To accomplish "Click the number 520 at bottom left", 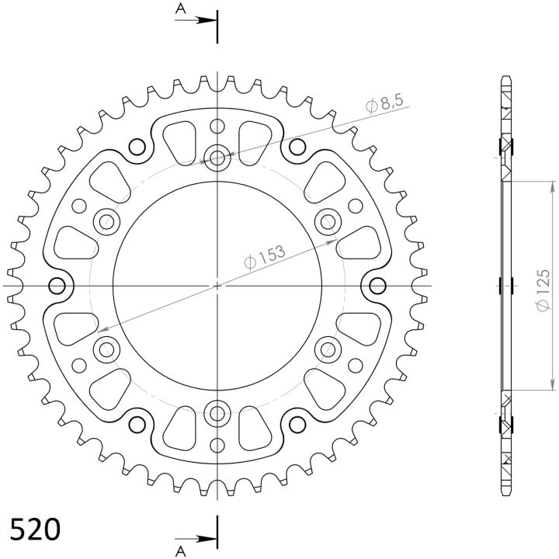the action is [35, 529].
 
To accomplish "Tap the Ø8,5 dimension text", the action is [384, 103].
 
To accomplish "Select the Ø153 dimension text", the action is [265, 256].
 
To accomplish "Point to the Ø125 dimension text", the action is [543, 291].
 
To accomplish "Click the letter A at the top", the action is [181, 9].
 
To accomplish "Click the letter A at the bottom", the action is [181, 551].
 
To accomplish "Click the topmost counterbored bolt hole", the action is [217, 157].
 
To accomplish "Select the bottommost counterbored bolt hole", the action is [217, 414].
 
